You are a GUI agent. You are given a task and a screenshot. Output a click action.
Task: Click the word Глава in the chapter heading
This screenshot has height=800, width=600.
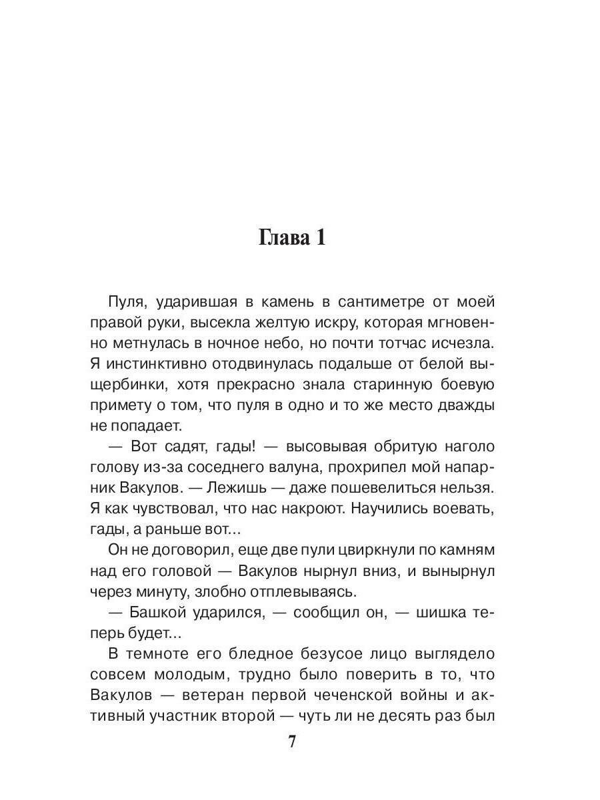pos(281,238)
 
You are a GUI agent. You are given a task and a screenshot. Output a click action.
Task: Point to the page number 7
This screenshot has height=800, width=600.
pos(291,742)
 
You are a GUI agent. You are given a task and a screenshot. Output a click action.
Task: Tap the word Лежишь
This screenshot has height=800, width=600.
pos(225,488)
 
